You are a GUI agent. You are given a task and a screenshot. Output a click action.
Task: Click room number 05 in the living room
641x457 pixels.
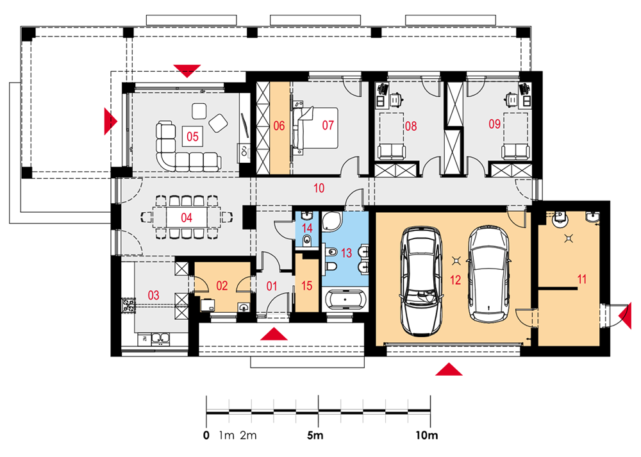[x=192, y=136]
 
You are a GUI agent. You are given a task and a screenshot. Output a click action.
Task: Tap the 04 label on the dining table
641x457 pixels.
[x=187, y=217]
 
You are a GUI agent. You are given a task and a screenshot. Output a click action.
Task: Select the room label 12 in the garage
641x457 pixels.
[x=455, y=280]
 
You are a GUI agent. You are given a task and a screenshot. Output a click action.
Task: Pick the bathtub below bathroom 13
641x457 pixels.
[x=345, y=300]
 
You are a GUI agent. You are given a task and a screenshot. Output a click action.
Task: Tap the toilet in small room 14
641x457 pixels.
[x=307, y=241]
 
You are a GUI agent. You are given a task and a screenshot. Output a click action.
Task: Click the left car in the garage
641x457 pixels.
[x=421, y=281]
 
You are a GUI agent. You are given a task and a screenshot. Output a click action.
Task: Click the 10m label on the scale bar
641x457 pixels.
[x=426, y=436]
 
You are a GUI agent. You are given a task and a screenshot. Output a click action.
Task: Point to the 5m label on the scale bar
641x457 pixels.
[x=315, y=436]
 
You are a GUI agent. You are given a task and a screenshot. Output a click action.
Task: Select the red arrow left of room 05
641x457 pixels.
[x=110, y=121]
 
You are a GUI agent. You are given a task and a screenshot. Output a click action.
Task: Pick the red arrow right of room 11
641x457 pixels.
[x=626, y=315]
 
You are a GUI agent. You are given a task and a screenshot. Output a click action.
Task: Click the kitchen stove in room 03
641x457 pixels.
[x=128, y=306]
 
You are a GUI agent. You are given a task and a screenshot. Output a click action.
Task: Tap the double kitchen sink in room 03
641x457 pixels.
[x=161, y=338]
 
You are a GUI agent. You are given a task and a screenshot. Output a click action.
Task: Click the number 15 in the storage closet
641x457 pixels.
[x=306, y=286]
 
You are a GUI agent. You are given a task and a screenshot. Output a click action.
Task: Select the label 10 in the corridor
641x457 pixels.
[x=319, y=188]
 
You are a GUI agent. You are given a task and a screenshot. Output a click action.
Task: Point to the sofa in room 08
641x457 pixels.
[x=392, y=151]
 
